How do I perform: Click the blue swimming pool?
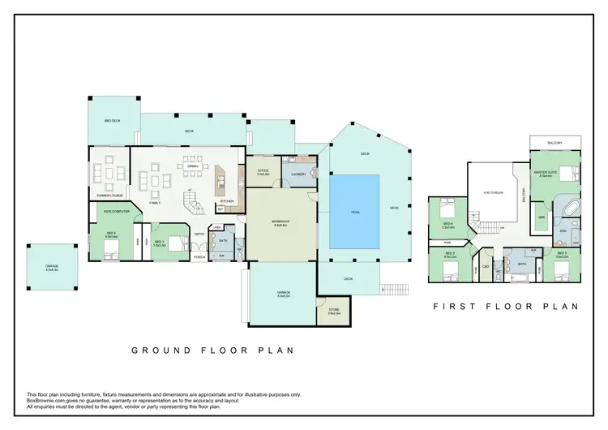[355, 213]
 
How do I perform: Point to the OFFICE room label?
[263, 172]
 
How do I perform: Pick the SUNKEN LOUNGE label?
[109, 196]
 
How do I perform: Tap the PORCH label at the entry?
[199, 257]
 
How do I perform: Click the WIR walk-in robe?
[542, 217]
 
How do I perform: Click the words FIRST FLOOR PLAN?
[505, 307]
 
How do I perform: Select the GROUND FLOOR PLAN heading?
[212, 350]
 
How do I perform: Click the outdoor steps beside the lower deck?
[392, 288]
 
